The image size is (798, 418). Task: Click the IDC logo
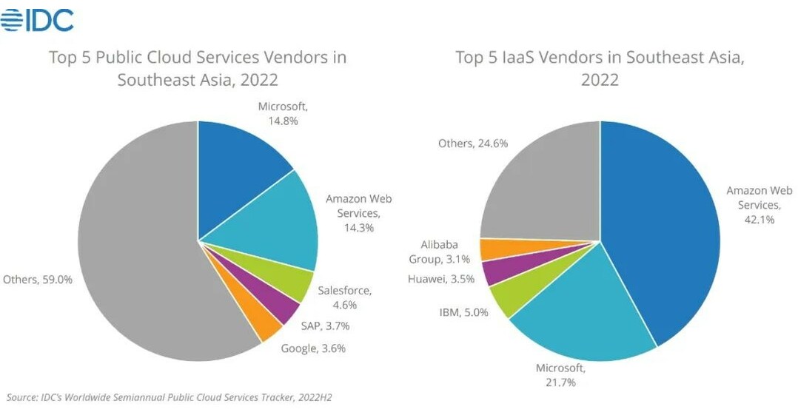pyautogui.click(x=38, y=20)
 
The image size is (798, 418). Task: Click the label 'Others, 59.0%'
pyautogui.click(x=38, y=280)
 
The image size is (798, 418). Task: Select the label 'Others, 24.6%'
pyautogui.click(x=473, y=144)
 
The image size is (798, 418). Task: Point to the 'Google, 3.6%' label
pyautogui.click(x=313, y=348)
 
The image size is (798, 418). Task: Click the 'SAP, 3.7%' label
pyautogui.click(x=325, y=326)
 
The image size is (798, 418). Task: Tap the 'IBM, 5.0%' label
pyautogui.click(x=463, y=312)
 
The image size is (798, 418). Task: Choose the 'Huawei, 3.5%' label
pyautogui.click(x=442, y=279)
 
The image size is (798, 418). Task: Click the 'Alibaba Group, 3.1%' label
pyautogui.click(x=439, y=252)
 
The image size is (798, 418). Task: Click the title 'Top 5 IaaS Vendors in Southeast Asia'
pyautogui.click(x=600, y=68)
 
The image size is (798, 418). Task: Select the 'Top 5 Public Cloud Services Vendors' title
pyautogui.click(x=198, y=68)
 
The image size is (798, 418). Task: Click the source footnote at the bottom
pyautogui.click(x=169, y=397)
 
